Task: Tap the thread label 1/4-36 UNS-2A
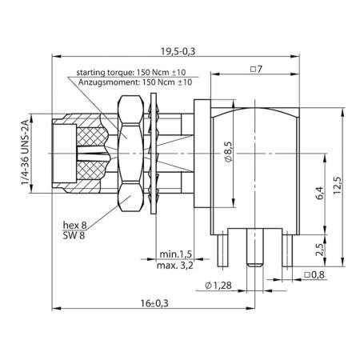tap(26, 154)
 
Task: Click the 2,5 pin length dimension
tap(318, 249)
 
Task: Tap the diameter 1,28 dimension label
tap(219, 285)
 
